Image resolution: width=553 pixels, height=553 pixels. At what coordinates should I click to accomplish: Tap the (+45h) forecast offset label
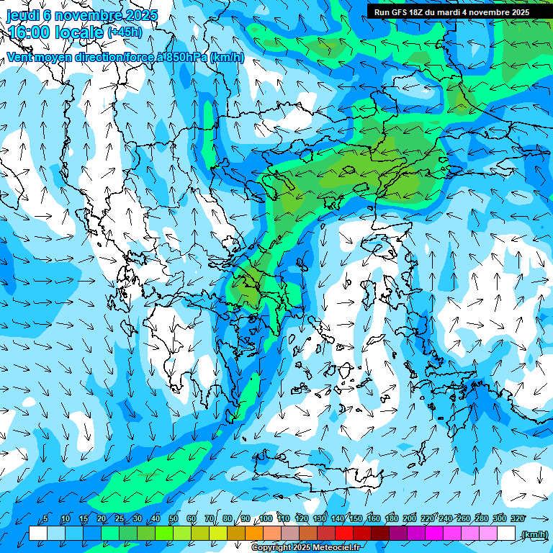(125, 32)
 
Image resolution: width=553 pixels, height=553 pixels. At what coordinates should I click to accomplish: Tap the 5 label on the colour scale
(46, 519)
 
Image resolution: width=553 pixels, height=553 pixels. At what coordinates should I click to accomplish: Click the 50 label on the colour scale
(173, 519)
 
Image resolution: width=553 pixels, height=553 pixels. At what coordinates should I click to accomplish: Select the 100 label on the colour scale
(266, 519)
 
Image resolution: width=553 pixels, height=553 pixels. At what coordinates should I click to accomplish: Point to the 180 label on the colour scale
(392, 519)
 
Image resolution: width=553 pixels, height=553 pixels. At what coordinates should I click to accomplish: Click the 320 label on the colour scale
(518, 519)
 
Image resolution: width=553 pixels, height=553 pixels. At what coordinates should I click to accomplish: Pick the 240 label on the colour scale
(446, 519)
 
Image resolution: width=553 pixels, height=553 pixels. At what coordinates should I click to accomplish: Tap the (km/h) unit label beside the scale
(534, 534)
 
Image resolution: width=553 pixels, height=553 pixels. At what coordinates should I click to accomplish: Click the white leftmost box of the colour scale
(38, 533)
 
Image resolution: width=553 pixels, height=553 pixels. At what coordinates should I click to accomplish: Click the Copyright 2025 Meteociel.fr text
(306, 548)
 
